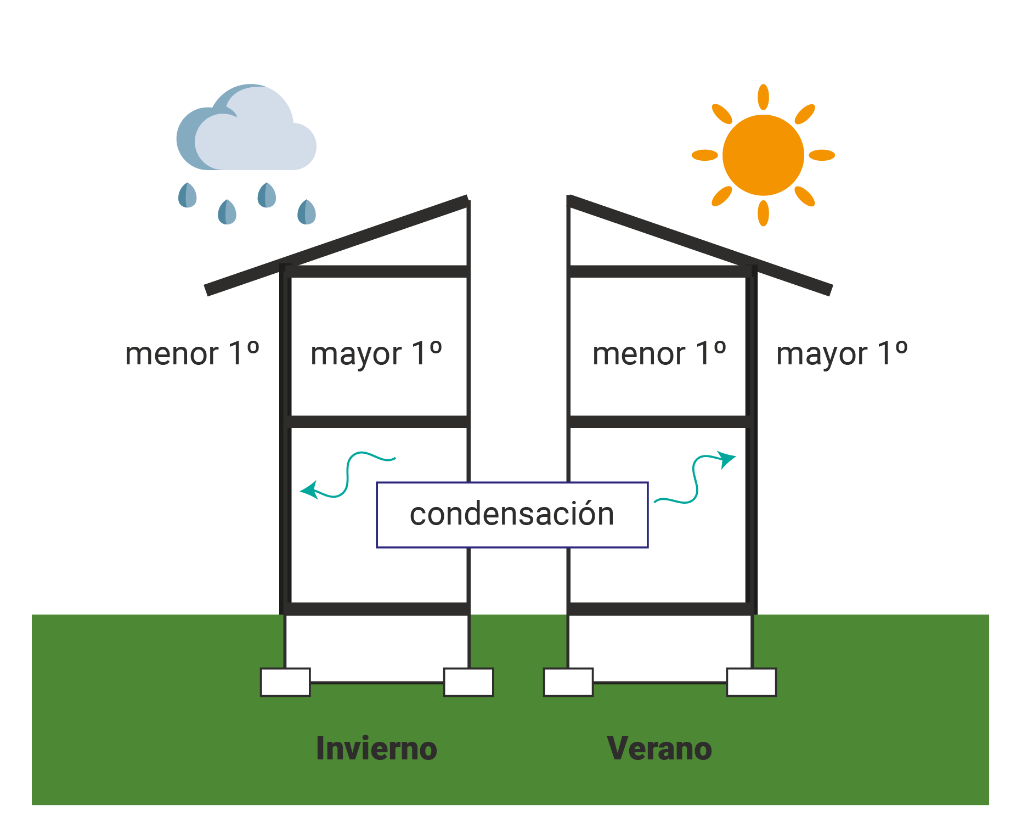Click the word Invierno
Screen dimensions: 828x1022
point(376,748)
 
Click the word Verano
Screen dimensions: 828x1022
point(659,748)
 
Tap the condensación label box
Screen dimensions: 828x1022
point(512,515)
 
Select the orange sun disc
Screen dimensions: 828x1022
point(763,155)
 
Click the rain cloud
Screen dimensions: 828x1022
point(247,132)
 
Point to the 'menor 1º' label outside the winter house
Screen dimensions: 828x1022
point(192,353)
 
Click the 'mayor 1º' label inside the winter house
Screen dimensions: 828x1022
point(376,353)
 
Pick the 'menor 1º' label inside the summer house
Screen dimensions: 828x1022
point(659,353)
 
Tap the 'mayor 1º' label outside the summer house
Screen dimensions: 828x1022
point(842,353)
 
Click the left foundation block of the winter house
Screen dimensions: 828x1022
point(285,682)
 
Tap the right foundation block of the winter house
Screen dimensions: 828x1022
point(468,682)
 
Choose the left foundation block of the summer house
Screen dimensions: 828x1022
point(568,682)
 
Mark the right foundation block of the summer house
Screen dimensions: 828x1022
point(752,682)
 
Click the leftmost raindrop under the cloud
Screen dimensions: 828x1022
point(188,195)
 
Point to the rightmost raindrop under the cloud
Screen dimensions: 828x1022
point(307,212)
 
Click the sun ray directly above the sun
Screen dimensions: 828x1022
point(763,97)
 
